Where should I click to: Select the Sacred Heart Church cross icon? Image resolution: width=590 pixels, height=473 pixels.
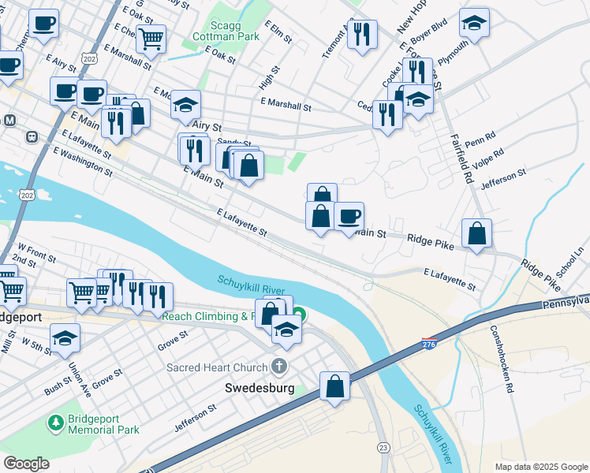pyautogui.click(x=278, y=366)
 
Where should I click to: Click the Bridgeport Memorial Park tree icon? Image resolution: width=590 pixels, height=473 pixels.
pyautogui.click(x=56, y=423)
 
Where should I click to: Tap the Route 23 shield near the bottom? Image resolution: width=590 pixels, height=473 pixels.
pyautogui.click(x=383, y=447)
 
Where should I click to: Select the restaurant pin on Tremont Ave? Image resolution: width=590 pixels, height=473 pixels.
pyautogui.click(x=363, y=35)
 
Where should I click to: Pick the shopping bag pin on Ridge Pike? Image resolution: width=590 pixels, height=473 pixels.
pyautogui.click(x=476, y=233)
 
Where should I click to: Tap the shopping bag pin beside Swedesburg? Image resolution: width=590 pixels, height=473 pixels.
pyautogui.click(x=334, y=386)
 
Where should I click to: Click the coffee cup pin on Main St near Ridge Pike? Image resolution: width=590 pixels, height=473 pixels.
pyautogui.click(x=349, y=216)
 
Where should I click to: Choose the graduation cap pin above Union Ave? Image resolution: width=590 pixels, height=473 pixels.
pyautogui.click(x=65, y=338)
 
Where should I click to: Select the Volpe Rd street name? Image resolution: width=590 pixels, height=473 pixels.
pyautogui.click(x=510, y=158)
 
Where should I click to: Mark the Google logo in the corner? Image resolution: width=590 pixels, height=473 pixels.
pyautogui.click(x=27, y=464)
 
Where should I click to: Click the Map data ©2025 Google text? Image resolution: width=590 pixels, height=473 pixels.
pyautogui.click(x=540, y=466)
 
